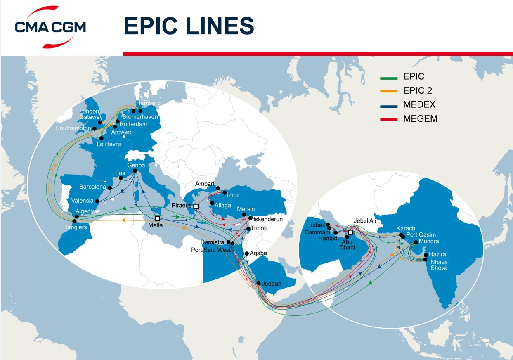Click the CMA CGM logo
click(x=50, y=26)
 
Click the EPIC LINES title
click(x=189, y=26)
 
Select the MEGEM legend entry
click(x=420, y=119)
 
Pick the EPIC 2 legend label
click(x=418, y=91)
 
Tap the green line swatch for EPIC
click(x=388, y=77)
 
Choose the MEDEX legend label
click(x=419, y=105)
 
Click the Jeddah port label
click(x=272, y=284)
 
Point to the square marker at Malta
click(x=157, y=218)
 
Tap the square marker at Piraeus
click(x=196, y=206)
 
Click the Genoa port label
click(x=136, y=166)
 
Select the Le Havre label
click(x=109, y=144)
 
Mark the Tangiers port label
click(x=76, y=227)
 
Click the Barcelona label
click(x=93, y=187)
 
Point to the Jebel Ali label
click(x=365, y=221)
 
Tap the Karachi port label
click(x=407, y=228)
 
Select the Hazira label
click(x=437, y=254)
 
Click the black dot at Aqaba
click(x=247, y=253)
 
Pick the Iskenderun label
click(x=268, y=219)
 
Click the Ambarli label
click(x=205, y=184)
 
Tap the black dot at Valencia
click(x=97, y=201)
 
